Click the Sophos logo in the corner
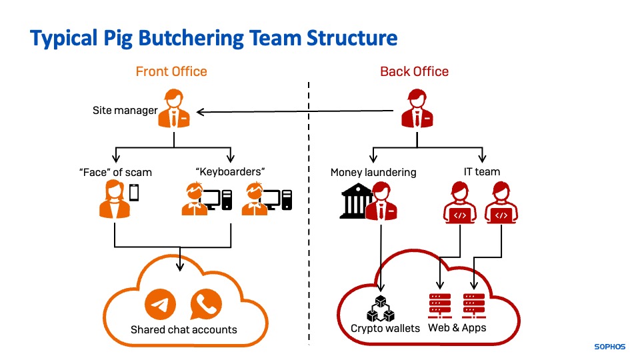[x=610, y=347]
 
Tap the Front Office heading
[x=171, y=71]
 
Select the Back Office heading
[x=414, y=71]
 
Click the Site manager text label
[x=125, y=110]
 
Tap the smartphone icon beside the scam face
[x=134, y=193]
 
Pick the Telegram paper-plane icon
[x=160, y=305]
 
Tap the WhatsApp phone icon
[x=205, y=305]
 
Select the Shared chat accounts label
[x=183, y=329]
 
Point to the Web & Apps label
[x=457, y=327]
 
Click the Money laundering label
[x=373, y=172]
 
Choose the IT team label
[x=482, y=171]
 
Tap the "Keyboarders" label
[x=231, y=171]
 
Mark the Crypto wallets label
[x=385, y=328]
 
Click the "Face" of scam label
[x=115, y=172]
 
